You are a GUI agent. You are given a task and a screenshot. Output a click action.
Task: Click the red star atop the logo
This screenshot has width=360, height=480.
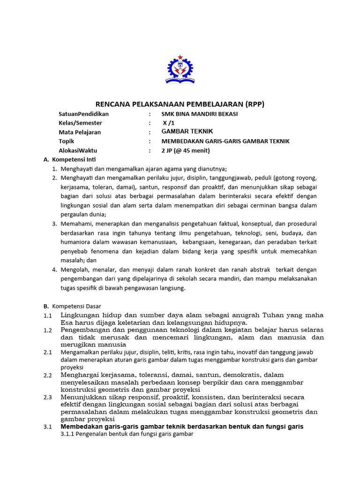pyautogui.click(x=180, y=57)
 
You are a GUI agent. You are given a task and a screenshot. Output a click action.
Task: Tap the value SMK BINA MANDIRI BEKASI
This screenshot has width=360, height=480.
pyautogui.click(x=199, y=114)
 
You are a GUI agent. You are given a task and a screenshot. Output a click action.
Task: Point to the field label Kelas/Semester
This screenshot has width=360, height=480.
pyautogui.click(x=80, y=123)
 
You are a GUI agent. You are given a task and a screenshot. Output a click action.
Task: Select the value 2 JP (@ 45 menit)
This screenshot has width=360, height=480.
pyautogui.click(x=186, y=150)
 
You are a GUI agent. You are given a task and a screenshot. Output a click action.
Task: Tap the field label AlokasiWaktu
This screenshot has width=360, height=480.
pyautogui.click(x=78, y=150)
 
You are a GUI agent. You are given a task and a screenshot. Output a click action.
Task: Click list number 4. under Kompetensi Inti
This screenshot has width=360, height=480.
pyautogui.click(x=54, y=270)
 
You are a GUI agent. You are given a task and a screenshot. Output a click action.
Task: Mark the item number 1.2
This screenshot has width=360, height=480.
pyautogui.click(x=48, y=330)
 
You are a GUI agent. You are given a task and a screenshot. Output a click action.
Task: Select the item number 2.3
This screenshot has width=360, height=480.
pyautogui.click(x=48, y=397)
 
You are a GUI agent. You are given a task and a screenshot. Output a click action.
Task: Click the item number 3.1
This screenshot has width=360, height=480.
pyautogui.click(x=48, y=427)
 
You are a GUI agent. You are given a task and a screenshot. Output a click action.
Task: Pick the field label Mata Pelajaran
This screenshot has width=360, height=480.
pyautogui.click(x=80, y=132)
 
